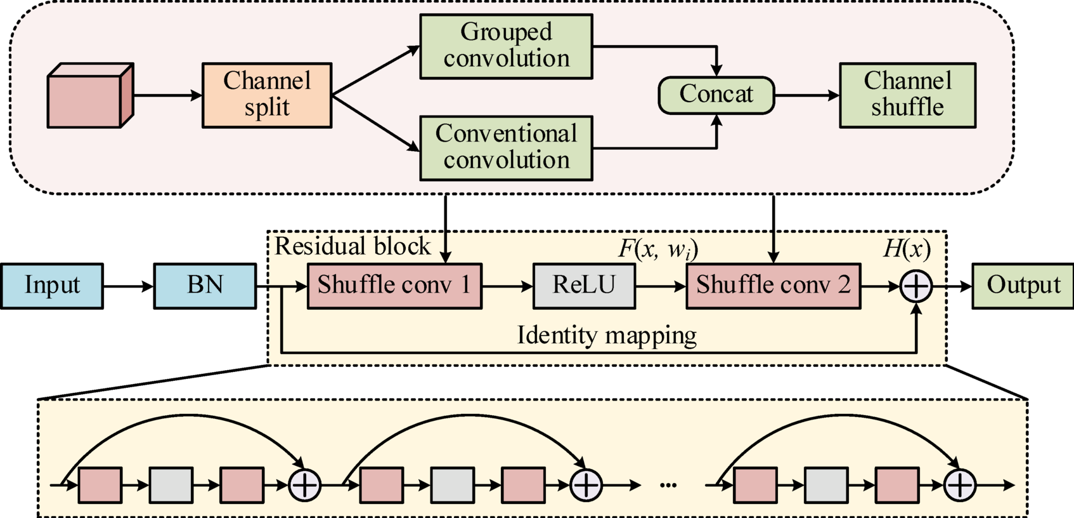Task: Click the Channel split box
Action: tap(267, 95)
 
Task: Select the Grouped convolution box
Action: tap(506, 46)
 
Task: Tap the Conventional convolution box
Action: tap(506, 148)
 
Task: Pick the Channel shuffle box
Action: tap(907, 95)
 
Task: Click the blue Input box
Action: tap(52, 286)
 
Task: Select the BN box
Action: tap(205, 286)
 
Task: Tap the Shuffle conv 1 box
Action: tap(394, 286)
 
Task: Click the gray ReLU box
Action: tap(584, 286)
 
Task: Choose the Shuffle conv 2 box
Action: tap(773, 286)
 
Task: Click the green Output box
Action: tap(1023, 286)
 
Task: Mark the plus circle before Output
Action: tap(916, 286)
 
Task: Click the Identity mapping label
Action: tap(607, 335)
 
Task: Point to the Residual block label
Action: tap(353, 246)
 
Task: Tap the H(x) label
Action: tap(907, 248)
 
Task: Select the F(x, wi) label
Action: tap(657, 249)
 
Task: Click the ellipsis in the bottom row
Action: tap(668, 486)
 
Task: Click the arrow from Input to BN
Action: tap(128, 286)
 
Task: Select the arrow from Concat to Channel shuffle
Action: tap(806, 95)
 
